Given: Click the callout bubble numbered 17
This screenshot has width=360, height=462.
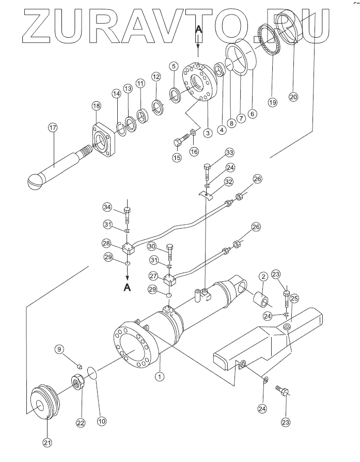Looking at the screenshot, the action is [x=53, y=128].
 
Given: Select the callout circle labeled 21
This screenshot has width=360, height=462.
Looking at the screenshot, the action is [x=48, y=442].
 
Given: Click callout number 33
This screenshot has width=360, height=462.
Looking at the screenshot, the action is [x=230, y=153].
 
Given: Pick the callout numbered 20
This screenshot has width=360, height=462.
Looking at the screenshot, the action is [x=293, y=97].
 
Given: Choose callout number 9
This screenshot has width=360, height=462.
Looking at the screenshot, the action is [x=59, y=349].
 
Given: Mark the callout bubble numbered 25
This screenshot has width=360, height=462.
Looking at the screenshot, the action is [x=294, y=298].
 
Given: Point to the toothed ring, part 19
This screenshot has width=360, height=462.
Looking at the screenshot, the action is [x=269, y=40].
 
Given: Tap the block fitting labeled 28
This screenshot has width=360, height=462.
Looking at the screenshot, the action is [x=129, y=248].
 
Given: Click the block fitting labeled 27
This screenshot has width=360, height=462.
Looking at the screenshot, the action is [x=170, y=279].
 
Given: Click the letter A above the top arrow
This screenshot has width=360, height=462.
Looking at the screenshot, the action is [x=199, y=29].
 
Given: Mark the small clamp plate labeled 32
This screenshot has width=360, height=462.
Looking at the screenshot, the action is [x=206, y=196].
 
